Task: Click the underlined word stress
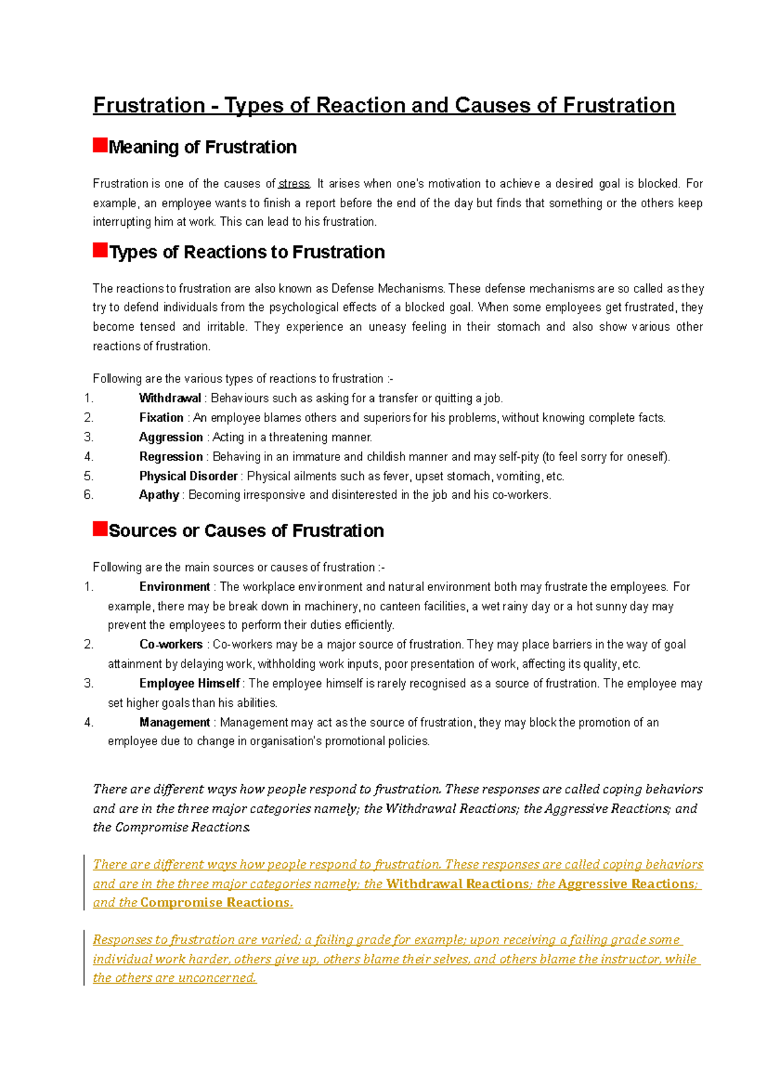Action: pos(293,184)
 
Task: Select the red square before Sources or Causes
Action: pos(100,528)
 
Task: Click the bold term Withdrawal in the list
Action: pos(170,398)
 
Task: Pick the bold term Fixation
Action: pos(161,418)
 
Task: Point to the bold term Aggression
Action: pos(171,437)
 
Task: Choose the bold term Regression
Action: pos(171,457)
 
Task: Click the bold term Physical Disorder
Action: pos(189,476)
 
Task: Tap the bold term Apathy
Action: pos(159,495)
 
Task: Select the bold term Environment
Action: pos(174,587)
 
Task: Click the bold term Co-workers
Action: pos(171,645)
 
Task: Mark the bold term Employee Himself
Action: pos(189,684)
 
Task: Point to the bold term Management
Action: pos(174,723)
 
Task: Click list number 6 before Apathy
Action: pos(88,495)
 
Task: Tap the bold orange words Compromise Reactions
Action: pos(215,903)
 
